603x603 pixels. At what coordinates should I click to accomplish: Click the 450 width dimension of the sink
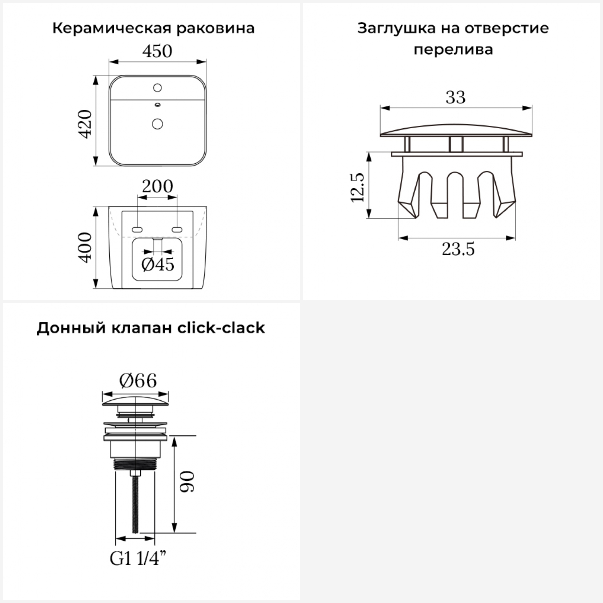pos(157,51)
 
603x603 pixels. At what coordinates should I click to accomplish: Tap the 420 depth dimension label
pos(86,124)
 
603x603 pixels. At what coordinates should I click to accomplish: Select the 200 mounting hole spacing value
pos(157,186)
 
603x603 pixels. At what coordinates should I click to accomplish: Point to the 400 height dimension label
pos(86,248)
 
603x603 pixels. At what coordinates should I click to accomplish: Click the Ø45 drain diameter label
pos(158,265)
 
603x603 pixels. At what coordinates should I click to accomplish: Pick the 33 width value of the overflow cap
pos(455,97)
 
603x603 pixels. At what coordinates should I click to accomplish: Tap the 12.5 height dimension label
pos(357,187)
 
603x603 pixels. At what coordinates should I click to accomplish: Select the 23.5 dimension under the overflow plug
pos(458,250)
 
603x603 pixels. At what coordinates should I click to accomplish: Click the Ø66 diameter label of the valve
pos(138,380)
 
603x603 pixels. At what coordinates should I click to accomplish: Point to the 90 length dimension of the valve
pos(187,482)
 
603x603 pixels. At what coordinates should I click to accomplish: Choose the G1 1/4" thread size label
pos(138,559)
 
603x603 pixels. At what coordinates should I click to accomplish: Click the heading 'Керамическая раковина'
pos(153,29)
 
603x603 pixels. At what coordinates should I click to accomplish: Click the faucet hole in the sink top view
pos(158,87)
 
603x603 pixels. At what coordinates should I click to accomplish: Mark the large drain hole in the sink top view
pos(158,123)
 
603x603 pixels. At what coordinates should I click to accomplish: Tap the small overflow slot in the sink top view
pos(158,105)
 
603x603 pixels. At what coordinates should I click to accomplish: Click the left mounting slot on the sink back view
pos(137,230)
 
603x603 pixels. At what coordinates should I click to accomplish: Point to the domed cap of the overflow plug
pos(456,129)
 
